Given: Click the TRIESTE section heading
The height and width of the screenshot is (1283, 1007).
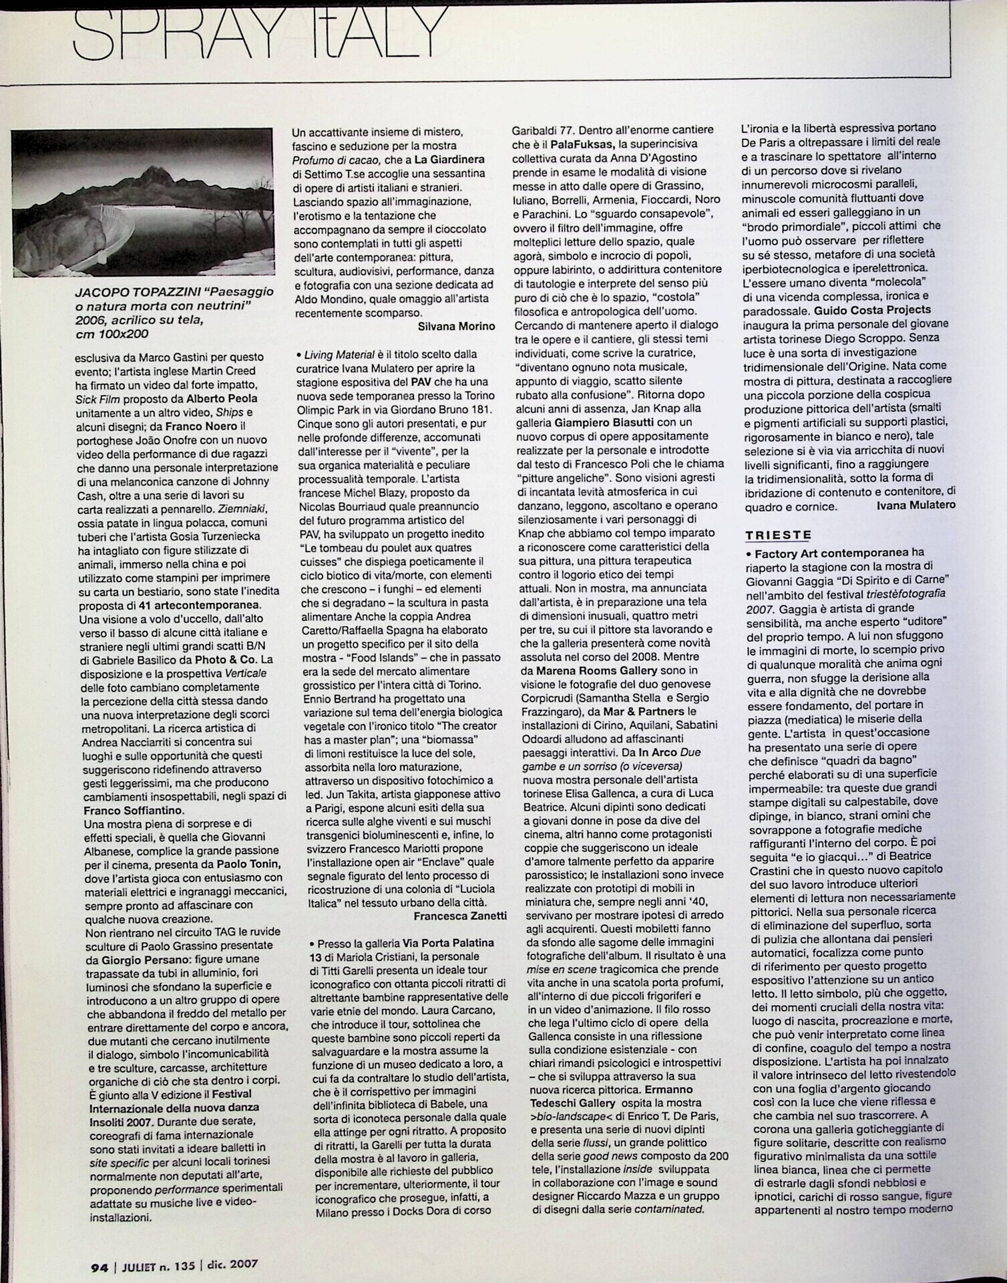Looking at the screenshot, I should (x=778, y=535).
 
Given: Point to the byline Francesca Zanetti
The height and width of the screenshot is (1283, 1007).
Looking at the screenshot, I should (x=460, y=915).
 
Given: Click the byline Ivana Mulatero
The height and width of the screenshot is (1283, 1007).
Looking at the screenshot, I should (x=915, y=506).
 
